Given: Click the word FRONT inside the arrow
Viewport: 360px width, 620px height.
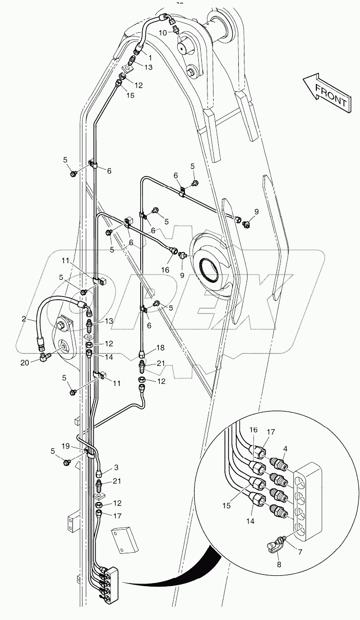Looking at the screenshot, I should (331, 95).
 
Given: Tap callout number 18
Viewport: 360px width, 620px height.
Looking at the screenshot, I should (146, 347).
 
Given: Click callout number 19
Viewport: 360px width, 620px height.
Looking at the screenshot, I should (80, 446).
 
